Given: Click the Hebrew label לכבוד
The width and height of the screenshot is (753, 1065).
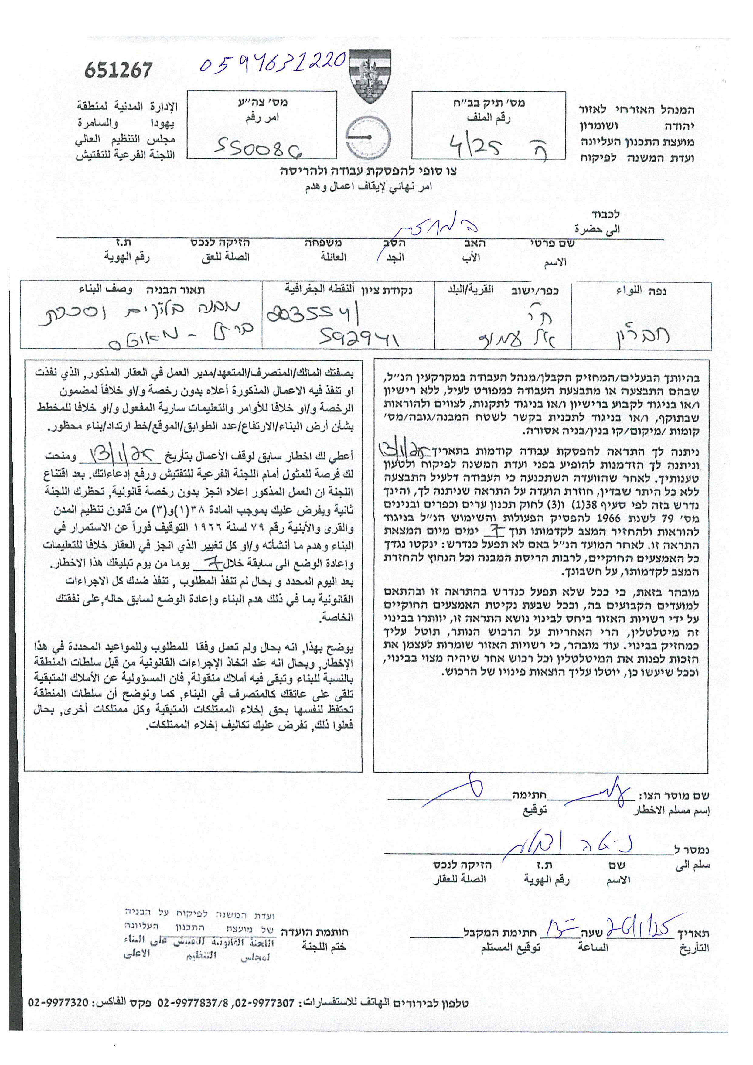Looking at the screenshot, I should [x=605, y=215].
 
